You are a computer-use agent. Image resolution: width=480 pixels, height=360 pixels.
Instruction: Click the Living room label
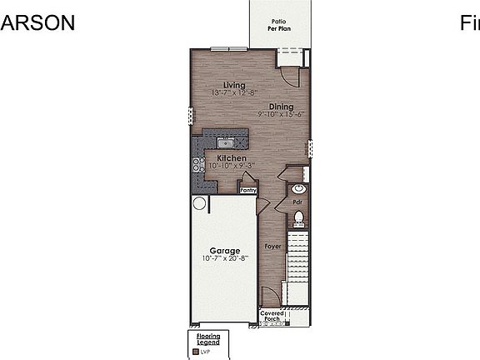(x=234, y=85)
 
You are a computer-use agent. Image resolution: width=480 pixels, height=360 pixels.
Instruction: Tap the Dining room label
(x=281, y=107)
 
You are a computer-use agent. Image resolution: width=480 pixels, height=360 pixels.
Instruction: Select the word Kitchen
(x=232, y=157)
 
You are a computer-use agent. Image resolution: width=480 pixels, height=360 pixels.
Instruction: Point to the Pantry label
(x=248, y=190)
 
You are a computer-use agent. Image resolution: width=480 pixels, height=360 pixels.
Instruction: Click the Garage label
(x=225, y=251)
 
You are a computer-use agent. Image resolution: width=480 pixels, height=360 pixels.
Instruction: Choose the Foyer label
(x=272, y=247)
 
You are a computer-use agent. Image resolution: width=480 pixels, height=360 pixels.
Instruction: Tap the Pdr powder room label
(x=297, y=202)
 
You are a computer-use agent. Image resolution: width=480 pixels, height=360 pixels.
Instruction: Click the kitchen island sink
(x=223, y=142)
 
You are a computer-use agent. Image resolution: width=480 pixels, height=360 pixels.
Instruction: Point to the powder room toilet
(x=299, y=219)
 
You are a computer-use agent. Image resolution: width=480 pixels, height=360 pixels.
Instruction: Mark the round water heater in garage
(x=200, y=203)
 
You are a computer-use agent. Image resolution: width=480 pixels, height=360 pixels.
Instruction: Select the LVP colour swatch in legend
(x=197, y=352)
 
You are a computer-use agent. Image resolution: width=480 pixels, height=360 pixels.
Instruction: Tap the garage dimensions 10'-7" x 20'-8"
(x=225, y=258)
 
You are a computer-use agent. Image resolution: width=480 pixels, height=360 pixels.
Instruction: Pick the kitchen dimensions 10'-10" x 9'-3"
(x=231, y=166)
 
